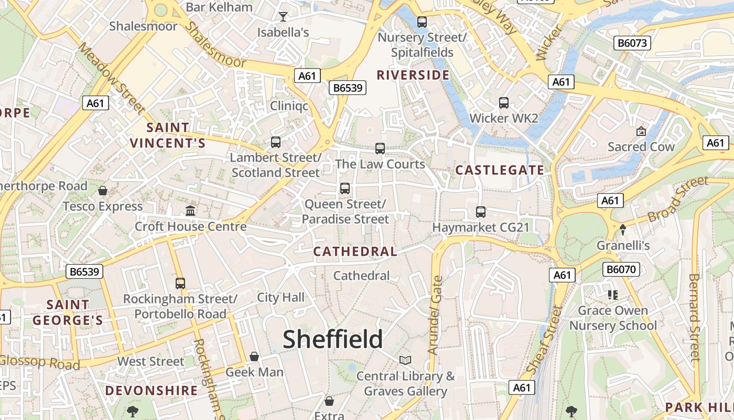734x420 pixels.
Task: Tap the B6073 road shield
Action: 633,43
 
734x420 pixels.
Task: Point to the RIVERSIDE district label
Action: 413,75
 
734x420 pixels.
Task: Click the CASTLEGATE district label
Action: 500,170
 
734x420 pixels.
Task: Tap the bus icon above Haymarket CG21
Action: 481,212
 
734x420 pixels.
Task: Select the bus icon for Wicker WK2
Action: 504,103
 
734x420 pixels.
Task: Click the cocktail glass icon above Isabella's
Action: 283,17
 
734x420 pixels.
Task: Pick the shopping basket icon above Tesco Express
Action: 103,190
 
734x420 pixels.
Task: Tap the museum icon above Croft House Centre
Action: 190,211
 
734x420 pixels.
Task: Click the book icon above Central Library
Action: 405,360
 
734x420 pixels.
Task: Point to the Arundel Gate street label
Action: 435,316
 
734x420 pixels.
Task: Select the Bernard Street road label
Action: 695,318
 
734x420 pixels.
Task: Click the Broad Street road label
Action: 677,200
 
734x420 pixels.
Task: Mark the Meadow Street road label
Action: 111,78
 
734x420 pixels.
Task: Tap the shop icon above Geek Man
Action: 254,356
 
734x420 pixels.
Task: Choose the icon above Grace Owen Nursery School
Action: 612,295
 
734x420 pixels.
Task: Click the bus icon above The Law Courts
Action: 380,149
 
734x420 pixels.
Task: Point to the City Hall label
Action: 280,298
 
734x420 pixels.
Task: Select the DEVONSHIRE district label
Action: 152,391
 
